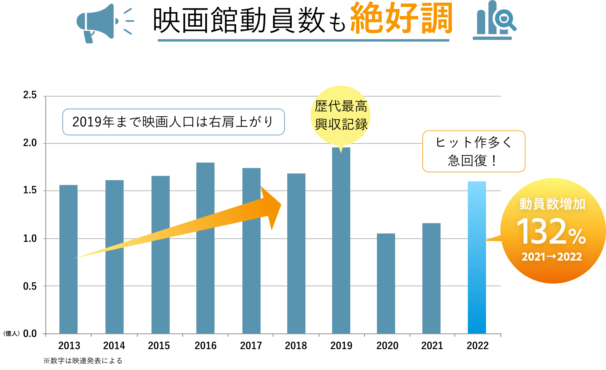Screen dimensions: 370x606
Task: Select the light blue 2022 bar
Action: coord(477,258)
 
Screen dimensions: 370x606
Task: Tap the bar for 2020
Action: coord(386,283)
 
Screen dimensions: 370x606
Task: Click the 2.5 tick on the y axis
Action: coord(30,95)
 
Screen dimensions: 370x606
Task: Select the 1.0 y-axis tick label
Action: coord(30,238)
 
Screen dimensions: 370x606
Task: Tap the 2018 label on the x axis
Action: coord(296,346)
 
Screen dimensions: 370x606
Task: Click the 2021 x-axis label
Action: coord(432,346)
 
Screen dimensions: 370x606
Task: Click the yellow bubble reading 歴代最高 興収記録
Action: coord(341,115)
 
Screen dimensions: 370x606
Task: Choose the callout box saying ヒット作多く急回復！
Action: coord(474,151)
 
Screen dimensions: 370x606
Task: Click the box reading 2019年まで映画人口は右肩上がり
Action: coord(173,122)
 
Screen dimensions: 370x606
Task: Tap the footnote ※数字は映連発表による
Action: coord(83,361)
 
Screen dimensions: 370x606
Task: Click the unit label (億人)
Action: coord(12,334)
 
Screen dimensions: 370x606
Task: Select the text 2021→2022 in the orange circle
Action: coord(551,257)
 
